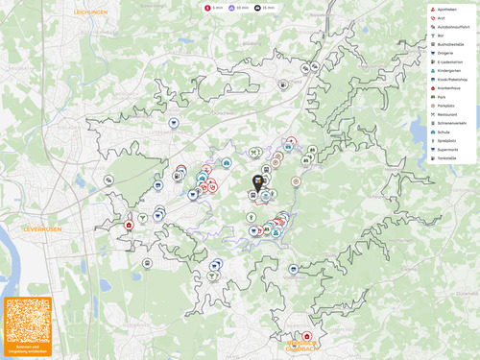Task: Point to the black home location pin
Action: (x=257, y=181)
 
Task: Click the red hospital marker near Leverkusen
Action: (x=130, y=226)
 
